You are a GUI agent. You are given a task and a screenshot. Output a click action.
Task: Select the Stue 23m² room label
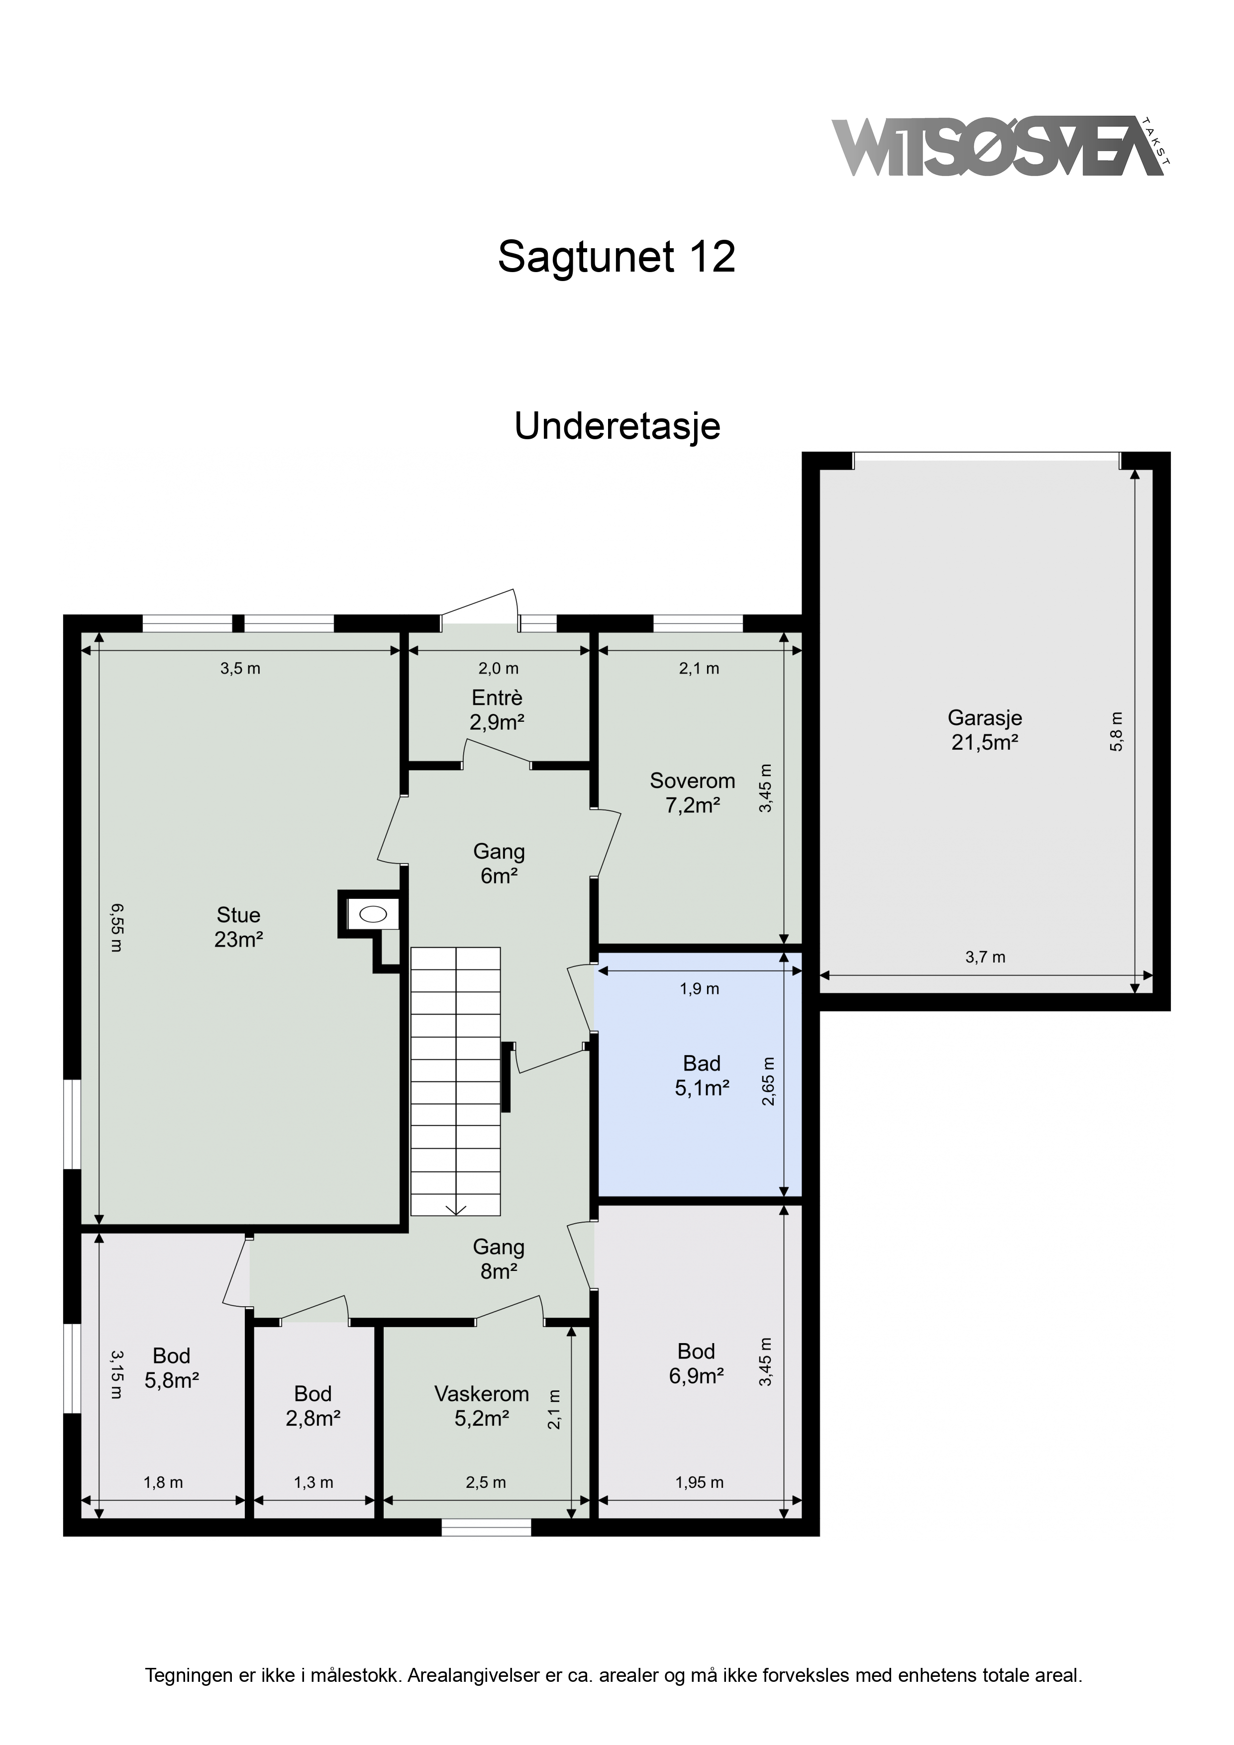click(239, 927)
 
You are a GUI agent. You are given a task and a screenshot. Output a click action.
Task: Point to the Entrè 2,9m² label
click(497, 710)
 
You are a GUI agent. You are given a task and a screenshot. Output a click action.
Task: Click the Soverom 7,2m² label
click(693, 793)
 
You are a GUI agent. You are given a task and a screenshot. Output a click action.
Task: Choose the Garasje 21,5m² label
click(985, 730)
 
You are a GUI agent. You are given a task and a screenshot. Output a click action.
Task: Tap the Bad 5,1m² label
click(702, 1075)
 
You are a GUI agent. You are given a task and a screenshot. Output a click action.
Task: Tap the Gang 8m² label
click(499, 1259)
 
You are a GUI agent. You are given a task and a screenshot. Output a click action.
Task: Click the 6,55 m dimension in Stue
click(115, 927)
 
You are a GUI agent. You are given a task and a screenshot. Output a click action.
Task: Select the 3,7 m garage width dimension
click(985, 958)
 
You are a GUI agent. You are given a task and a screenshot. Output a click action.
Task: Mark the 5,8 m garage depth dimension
click(1116, 731)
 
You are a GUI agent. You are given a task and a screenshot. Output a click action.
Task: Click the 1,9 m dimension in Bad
click(700, 989)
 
